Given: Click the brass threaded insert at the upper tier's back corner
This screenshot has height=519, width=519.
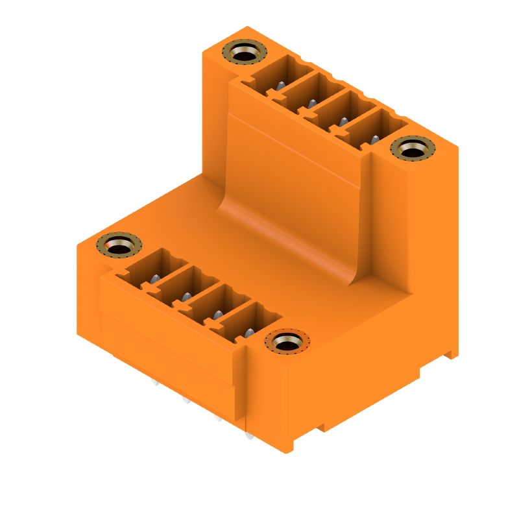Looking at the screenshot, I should [245, 52].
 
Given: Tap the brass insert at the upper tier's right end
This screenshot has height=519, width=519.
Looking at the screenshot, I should [413, 149].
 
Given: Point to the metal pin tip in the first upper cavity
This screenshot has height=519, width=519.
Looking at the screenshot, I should [280, 86].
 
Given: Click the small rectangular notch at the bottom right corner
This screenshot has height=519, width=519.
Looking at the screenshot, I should [450, 355].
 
